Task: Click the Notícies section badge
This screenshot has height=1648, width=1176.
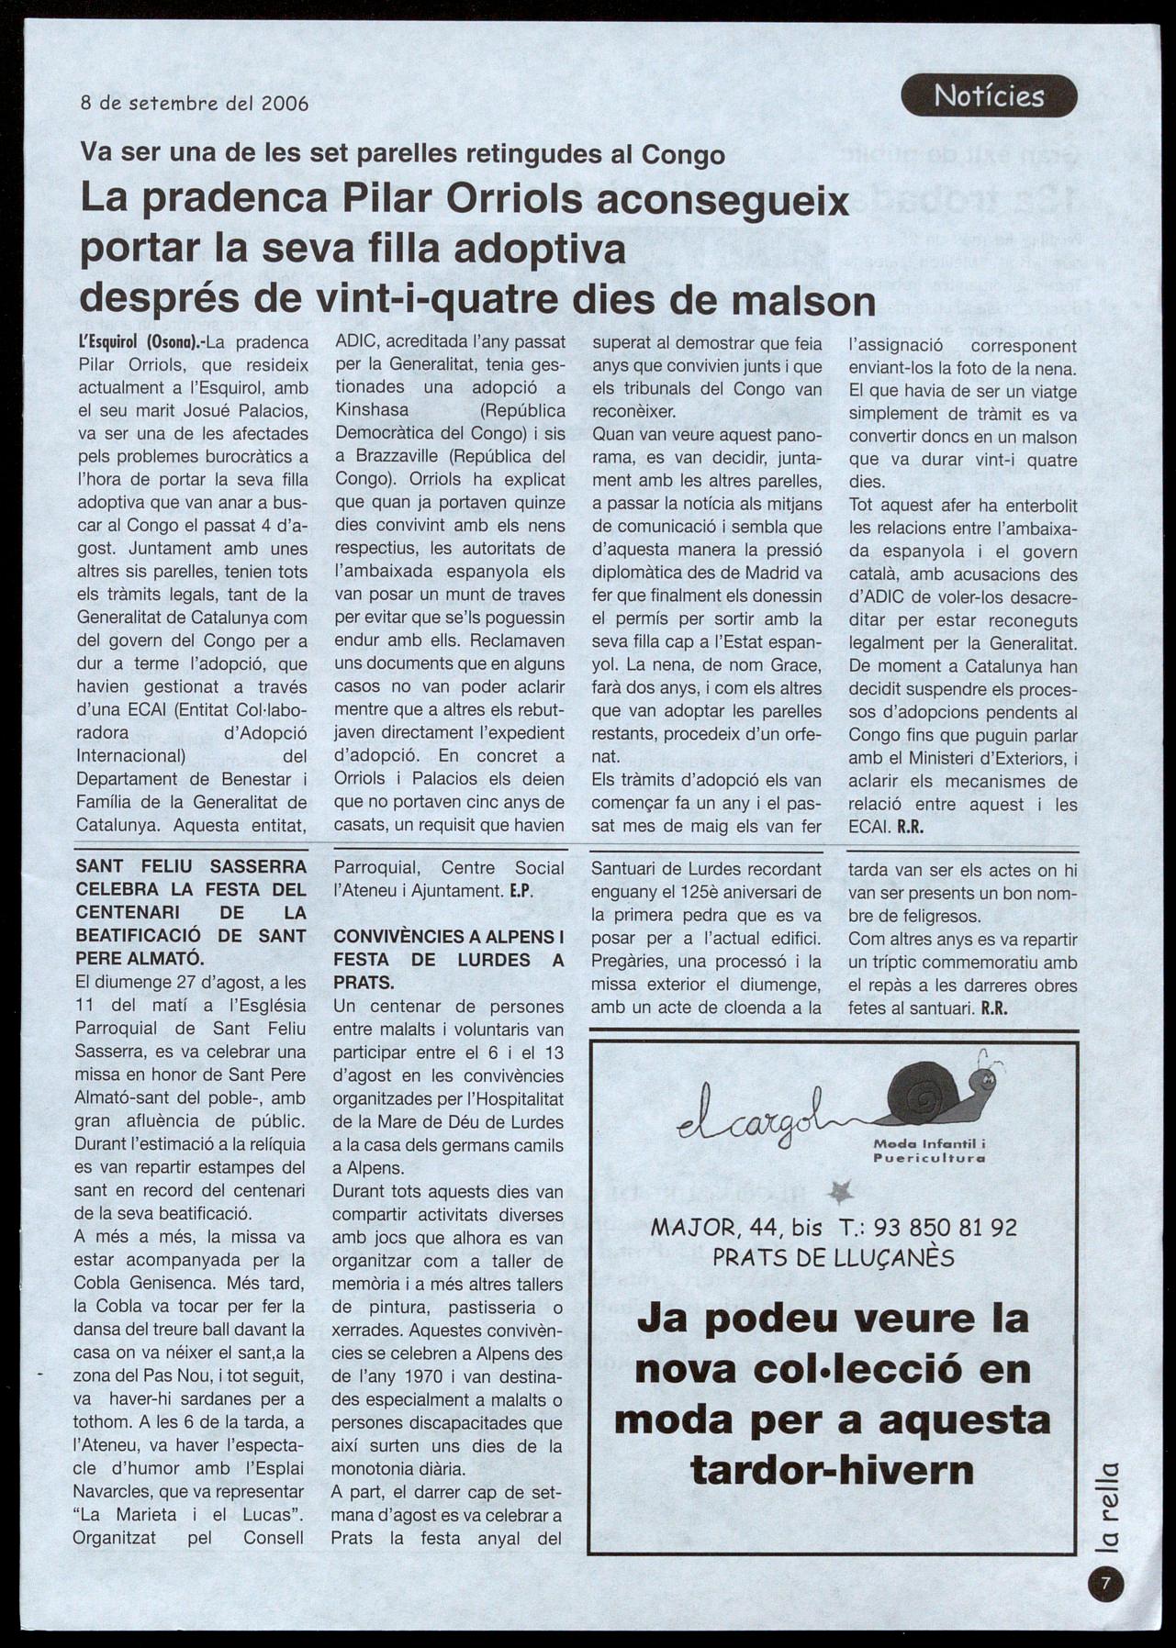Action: [989, 96]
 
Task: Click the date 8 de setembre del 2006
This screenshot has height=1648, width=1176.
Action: [195, 104]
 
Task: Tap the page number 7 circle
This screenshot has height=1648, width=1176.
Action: [1105, 1583]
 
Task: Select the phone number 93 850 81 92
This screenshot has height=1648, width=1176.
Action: [946, 1228]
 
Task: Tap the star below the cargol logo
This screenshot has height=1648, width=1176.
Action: [839, 1191]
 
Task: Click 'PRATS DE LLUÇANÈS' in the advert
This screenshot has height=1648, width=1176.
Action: [834, 1258]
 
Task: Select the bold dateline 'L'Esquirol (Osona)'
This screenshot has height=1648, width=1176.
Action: [139, 344]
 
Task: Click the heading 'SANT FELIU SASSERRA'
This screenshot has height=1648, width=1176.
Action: [191, 866]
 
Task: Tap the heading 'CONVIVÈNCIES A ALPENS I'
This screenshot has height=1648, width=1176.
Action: [448, 937]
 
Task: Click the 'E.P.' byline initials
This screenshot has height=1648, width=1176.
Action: [521, 891]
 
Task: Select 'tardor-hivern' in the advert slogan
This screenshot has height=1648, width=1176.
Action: [832, 1470]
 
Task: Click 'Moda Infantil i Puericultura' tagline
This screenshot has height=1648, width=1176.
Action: [929, 1151]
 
